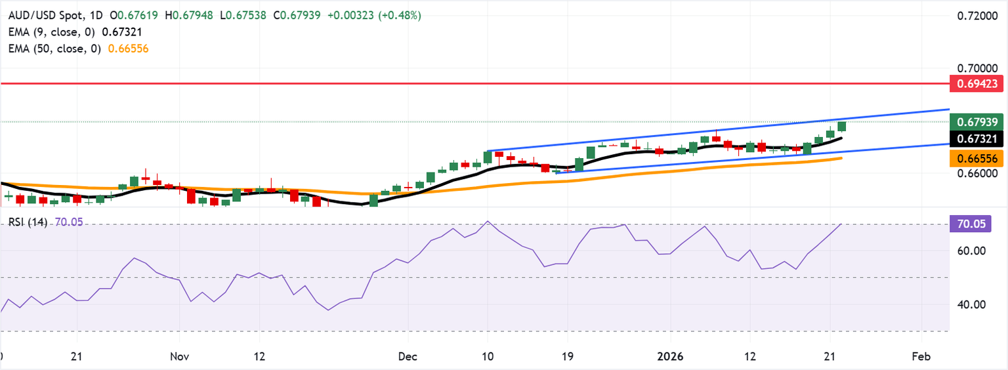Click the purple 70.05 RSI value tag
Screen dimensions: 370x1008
971,224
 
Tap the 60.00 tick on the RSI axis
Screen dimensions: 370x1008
971,251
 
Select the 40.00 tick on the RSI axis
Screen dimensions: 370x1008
971,304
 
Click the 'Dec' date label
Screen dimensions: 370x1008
408,357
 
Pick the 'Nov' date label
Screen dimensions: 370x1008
179,357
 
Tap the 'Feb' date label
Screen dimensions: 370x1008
921,357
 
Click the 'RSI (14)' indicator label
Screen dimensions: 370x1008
28,223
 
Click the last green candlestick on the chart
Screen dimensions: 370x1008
841,126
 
